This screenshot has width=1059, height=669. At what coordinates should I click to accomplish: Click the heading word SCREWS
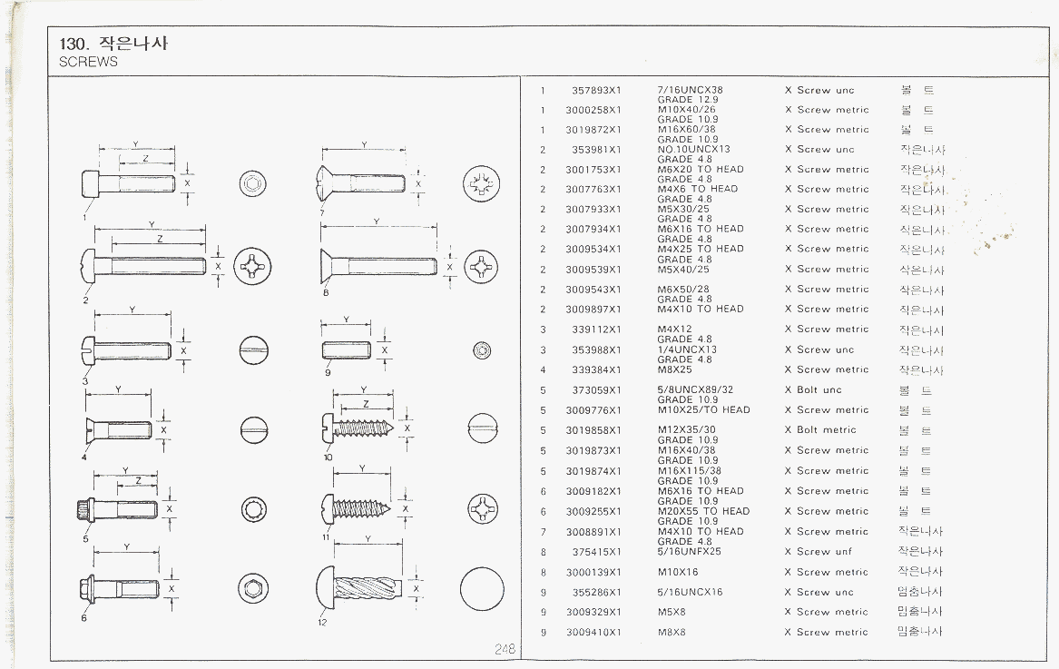(88, 63)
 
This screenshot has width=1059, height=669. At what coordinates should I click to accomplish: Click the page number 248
(505, 648)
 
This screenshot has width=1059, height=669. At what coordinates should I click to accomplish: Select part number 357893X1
(596, 90)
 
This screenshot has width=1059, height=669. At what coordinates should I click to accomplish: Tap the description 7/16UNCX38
(690, 90)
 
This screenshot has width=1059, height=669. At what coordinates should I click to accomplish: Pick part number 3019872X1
(593, 130)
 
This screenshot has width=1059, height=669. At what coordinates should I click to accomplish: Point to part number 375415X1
(596, 552)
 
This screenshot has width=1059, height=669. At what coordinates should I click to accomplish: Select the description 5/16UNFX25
(689, 552)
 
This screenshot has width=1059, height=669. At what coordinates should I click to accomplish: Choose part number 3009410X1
(593, 632)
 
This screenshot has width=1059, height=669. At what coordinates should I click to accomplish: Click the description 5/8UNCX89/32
(694, 390)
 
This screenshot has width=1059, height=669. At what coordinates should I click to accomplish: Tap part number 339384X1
(596, 370)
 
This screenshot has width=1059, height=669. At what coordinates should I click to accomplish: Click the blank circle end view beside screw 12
(481, 589)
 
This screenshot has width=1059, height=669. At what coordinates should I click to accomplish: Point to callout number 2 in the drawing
(85, 299)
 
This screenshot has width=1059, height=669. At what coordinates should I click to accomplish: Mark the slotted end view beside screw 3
(253, 349)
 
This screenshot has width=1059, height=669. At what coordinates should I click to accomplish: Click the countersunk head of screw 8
(329, 266)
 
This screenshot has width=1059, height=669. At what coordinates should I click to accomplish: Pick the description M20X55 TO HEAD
(703, 511)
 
